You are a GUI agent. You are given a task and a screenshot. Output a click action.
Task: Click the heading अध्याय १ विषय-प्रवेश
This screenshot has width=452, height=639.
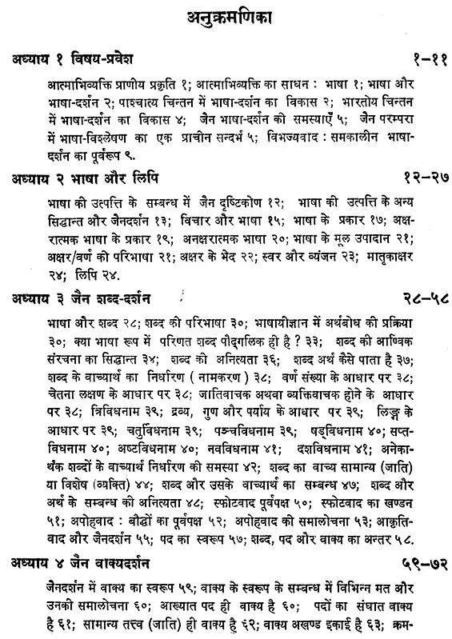(74, 60)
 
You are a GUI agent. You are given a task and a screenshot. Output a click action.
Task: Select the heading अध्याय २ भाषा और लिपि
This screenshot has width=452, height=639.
(74, 174)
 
